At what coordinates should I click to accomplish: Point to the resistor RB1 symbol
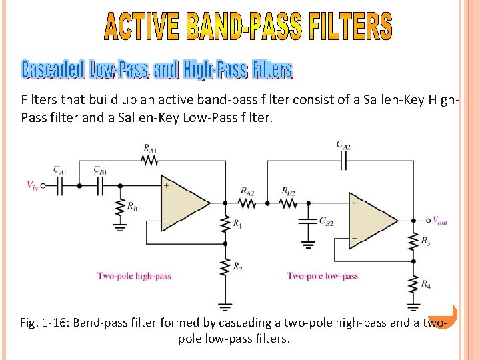121,207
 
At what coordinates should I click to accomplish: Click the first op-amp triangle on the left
183,203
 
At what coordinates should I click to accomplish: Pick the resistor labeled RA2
247,203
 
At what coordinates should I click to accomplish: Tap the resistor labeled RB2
289,203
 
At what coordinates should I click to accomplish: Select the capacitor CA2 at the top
343,160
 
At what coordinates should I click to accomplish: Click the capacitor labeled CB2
307,221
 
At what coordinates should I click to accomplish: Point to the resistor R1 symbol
226,225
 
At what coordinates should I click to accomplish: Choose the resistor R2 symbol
226,268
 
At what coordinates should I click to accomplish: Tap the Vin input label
33,187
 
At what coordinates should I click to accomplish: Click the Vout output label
440,221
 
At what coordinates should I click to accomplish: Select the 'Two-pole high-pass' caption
134,275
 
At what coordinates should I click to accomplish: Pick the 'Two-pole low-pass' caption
322,275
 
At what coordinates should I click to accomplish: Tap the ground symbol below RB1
121,227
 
